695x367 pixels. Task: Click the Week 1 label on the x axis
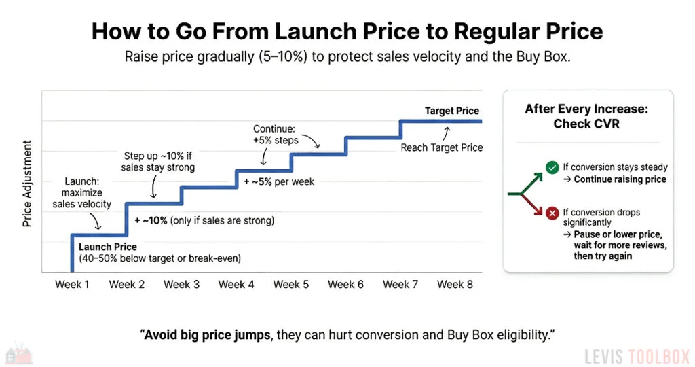tap(72, 284)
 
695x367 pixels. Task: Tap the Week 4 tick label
tap(236, 284)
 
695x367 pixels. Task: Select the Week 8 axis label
tap(455, 284)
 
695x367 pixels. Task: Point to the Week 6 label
tap(345, 284)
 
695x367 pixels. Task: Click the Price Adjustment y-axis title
tap(27, 183)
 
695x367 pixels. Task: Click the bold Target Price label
tap(451, 111)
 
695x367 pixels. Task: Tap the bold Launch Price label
tap(107, 247)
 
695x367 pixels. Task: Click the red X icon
tap(552, 213)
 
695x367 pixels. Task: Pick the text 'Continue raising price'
tap(620, 179)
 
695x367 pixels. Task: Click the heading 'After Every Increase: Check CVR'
tap(586, 116)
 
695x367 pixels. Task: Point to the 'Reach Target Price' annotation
tap(441, 147)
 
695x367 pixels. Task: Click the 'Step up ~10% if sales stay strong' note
tap(157, 161)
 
